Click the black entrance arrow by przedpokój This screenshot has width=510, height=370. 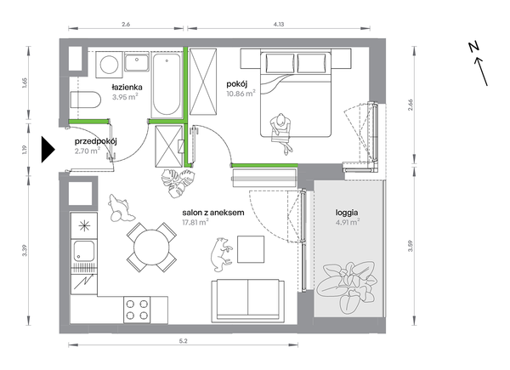[48, 150]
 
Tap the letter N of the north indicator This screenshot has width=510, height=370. [474, 47]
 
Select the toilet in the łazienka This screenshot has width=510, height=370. [86, 100]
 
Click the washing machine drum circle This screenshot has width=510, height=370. [109, 65]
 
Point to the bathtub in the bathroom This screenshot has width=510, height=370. [167, 84]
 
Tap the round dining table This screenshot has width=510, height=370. [151, 248]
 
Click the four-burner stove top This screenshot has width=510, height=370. [137, 310]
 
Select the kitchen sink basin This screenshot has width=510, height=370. [84, 251]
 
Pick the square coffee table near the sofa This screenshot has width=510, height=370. [251, 249]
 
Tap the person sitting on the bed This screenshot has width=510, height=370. [281, 133]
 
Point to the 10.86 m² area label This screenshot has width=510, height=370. [241, 94]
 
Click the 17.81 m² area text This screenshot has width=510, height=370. [195, 222]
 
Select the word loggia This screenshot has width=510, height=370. [347, 213]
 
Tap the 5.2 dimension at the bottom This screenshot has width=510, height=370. [183, 341]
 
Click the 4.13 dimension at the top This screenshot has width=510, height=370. [279, 24]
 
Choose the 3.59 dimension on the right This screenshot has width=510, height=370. [410, 246]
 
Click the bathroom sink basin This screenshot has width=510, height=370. [137, 63]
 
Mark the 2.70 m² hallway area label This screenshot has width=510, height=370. [88, 151]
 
